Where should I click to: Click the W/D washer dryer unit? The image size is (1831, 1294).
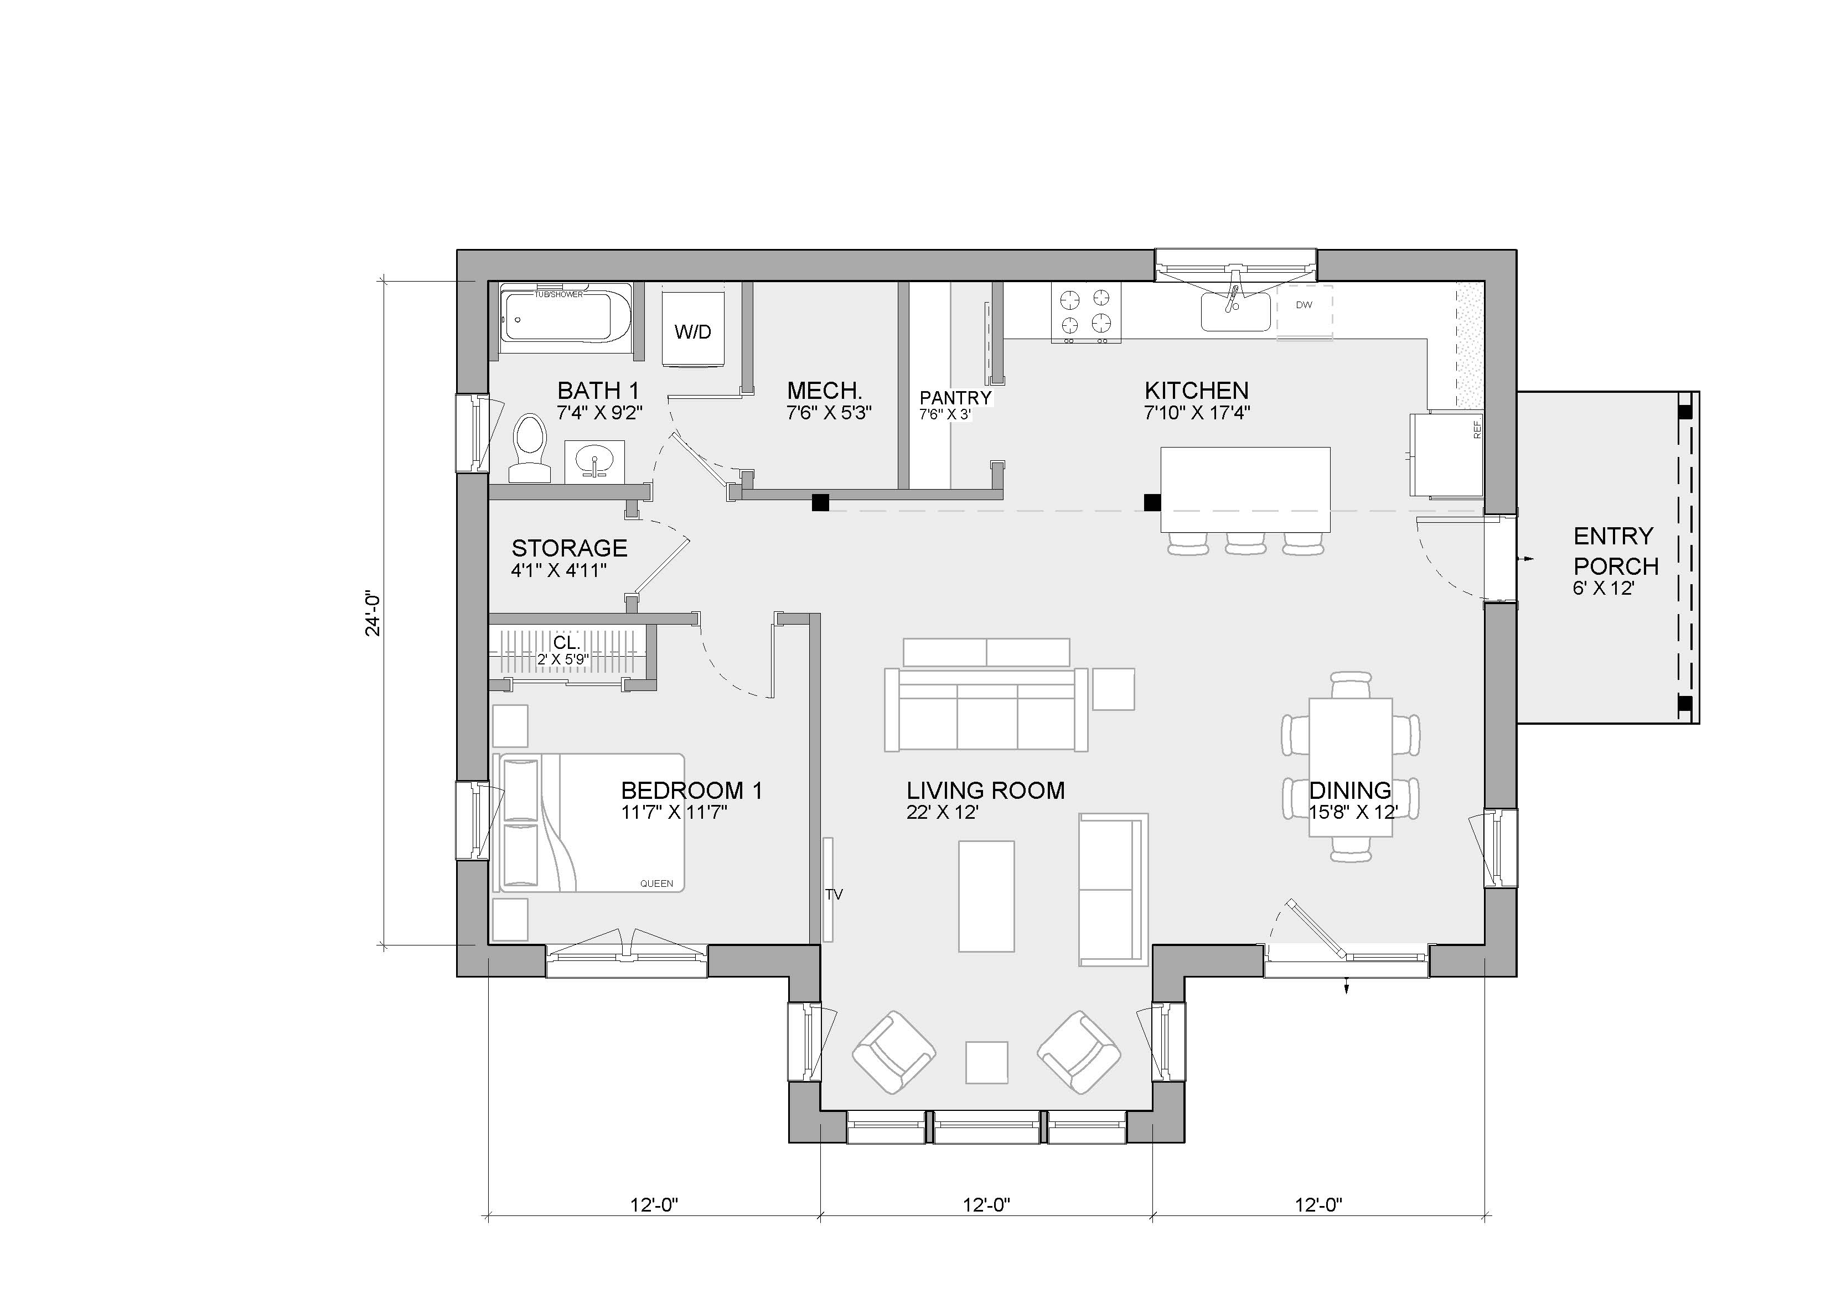pos(693,329)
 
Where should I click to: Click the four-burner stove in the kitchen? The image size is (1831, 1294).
pos(1085,313)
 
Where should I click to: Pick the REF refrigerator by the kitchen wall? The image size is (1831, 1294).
pos(1447,454)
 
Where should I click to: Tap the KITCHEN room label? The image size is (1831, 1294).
pos(1196,391)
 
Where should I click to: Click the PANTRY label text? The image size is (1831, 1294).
pos(955,398)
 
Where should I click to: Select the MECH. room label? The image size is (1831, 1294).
pos(825,391)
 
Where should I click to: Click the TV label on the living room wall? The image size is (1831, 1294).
pos(834,895)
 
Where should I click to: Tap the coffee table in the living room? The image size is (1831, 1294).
pos(986,896)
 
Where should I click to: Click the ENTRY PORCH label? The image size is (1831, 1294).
pos(1616,551)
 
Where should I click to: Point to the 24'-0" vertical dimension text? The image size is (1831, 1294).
pos(373,613)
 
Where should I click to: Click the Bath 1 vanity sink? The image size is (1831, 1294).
pos(596,460)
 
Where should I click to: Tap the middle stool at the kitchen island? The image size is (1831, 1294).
pos(1245,544)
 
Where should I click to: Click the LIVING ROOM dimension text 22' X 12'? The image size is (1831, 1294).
pos(943,813)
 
